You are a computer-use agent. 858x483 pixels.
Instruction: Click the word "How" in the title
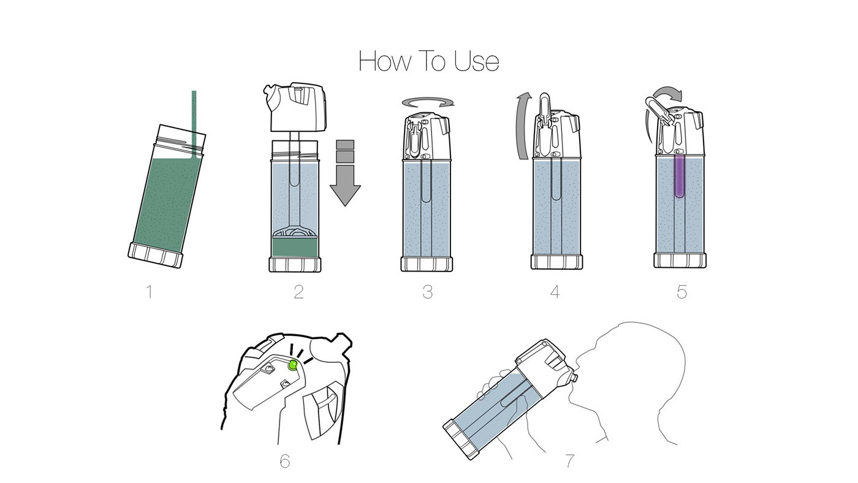tap(385, 61)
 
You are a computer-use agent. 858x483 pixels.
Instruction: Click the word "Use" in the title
tap(477, 61)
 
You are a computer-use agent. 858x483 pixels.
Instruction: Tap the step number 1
tap(150, 292)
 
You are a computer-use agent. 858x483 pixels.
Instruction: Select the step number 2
tap(299, 292)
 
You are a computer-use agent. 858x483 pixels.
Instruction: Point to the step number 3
tap(428, 292)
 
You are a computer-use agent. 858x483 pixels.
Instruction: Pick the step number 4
tap(555, 292)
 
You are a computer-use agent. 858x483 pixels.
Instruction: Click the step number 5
tap(681, 292)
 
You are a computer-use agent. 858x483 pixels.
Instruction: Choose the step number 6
tap(284, 461)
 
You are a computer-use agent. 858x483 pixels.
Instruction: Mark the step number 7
tap(571, 461)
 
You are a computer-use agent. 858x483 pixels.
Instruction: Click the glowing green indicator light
tap(293, 365)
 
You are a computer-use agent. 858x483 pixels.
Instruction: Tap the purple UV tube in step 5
tap(679, 176)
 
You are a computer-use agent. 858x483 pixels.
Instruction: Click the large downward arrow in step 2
tap(345, 173)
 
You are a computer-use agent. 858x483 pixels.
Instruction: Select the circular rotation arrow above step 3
tap(428, 102)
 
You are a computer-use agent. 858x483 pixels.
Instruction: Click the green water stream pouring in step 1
tap(194, 123)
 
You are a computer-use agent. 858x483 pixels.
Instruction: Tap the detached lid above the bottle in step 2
tap(295, 107)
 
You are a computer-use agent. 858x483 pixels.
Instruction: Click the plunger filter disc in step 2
tap(295, 232)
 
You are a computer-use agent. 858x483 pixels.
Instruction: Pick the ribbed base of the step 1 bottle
tap(156, 255)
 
